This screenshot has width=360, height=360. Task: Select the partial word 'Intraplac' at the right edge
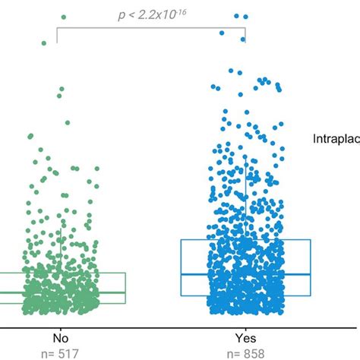(336, 137)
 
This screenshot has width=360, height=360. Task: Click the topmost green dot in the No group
(63, 16)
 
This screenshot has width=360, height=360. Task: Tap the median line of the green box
(76, 292)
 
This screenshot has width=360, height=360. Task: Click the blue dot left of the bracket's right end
(223, 33)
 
